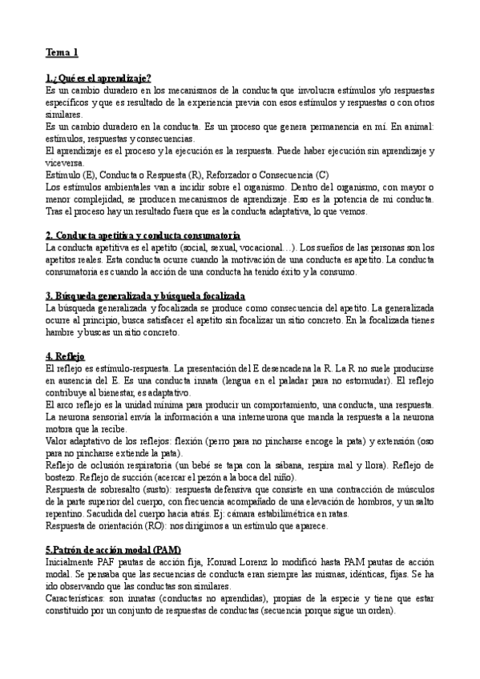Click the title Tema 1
(x=62, y=54)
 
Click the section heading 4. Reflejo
(x=65, y=356)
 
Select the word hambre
(x=62, y=332)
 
